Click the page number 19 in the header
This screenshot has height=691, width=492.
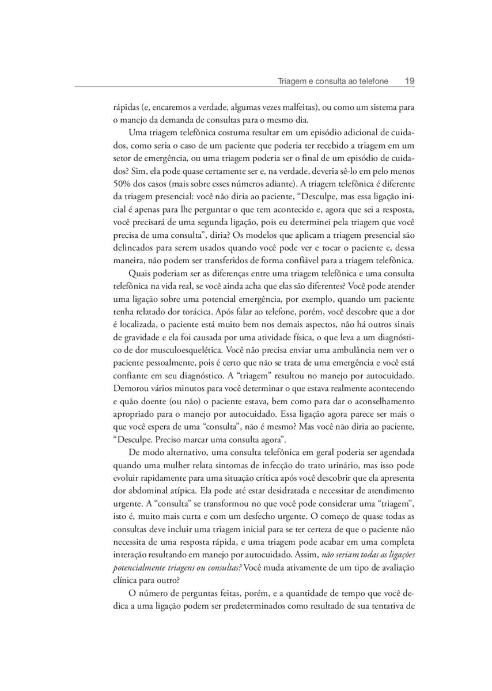point(410,81)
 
